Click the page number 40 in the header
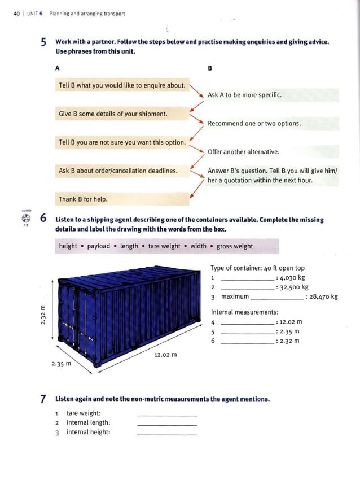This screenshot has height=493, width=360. [x=16, y=14]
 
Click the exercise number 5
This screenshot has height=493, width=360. [x=43, y=43]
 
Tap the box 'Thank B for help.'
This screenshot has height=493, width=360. [x=83, y=199]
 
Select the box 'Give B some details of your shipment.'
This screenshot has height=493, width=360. [x=113, y=114]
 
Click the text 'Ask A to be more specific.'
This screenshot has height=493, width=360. [x=244, y=95]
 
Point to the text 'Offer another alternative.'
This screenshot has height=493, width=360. [x=243, y=152]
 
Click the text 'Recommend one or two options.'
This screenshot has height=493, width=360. [x=254, y=123]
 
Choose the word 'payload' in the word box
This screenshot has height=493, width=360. [x=99, y=246]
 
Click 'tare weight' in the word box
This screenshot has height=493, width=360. [x=164, y=246]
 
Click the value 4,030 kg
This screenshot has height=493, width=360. [x=293, y=278]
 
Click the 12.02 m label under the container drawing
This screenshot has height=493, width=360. [x=165, y=355]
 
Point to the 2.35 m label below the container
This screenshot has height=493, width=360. [x=62, y=364]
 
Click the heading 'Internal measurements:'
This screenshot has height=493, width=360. [x=244, y=312]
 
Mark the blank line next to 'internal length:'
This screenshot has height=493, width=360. [x=167, y=424]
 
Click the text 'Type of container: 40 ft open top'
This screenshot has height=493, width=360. [x=257, y=268]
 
